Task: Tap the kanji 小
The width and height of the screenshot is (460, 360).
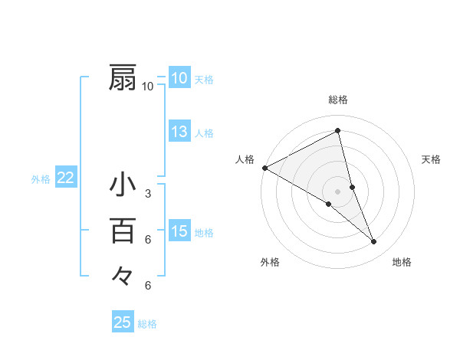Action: pyautogui.click(x=123, y=185)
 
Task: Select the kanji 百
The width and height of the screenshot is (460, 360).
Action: pyautogui.click(x=123, y=230)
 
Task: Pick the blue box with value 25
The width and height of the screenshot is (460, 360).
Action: pyautogui.click(x=123, y=322)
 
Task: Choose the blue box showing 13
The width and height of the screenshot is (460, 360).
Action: pyautogui.click(x=179, y=132)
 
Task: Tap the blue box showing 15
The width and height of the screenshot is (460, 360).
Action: pyautogui.click(x=179, y=231)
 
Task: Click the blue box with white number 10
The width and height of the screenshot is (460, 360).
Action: pyautogui.click(x=179, y=78)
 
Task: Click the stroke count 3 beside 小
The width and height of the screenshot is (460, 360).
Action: pyautogui.click(x=148, y=194)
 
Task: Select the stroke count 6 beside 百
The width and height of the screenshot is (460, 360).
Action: pyautogui.click(x=148, y=240)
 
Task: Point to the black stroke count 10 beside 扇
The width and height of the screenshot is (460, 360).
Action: pyautogui.click(x=148, y=87)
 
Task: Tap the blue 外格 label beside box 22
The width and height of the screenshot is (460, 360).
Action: pyautogui.click(x=41, y=179)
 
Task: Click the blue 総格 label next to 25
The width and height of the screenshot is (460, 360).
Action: pyautogui.click(x=147, y=324)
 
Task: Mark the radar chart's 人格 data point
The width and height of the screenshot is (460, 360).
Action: pyautogui.click(x=264, y=168)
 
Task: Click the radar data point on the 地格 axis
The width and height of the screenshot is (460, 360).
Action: pyautogui.click(x=374, y=242)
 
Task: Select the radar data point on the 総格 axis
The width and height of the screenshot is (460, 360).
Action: pyautogui.click(x=337, y=130)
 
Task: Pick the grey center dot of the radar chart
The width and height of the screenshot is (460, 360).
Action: pyautogui.click(x=337, y=191)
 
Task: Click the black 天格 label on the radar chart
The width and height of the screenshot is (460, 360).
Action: pyautogui.click(x=431, y=159)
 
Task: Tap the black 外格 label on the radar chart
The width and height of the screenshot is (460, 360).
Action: pyautogui.click(x=270, y=262)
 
